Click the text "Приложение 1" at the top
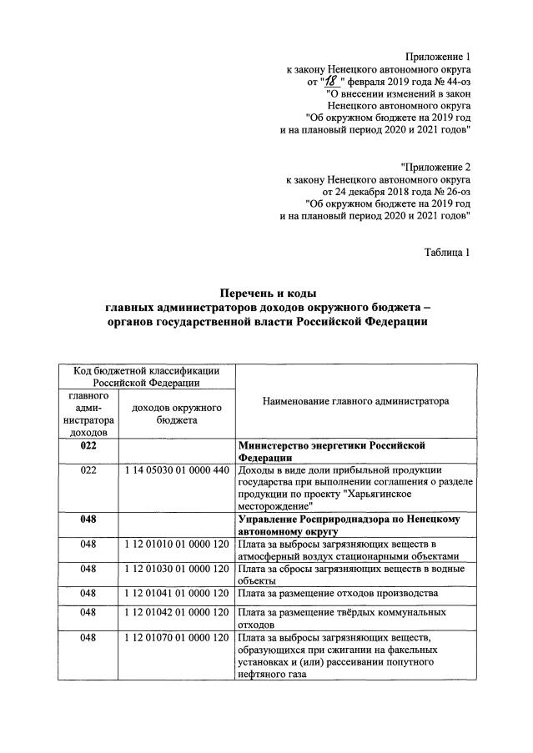point(438,56)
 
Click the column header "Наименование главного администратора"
point(355,401)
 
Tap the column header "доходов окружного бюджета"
point(176,414)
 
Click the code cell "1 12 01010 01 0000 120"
point(176,545)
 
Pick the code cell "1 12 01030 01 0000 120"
point(176,569)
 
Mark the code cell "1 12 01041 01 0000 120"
point(176,593)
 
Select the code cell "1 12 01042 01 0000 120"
point(176,613)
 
